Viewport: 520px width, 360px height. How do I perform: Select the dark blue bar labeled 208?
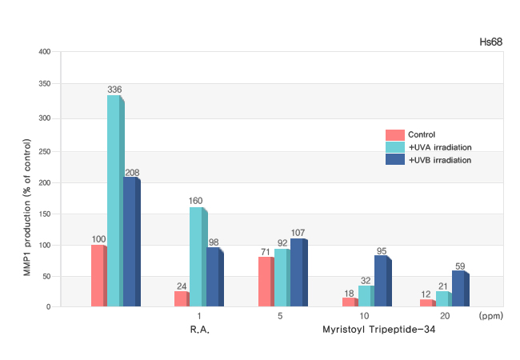130,241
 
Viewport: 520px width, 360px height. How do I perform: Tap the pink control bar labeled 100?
98,275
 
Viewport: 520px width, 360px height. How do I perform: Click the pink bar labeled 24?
180,298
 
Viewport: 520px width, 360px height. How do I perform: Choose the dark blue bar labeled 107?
298,272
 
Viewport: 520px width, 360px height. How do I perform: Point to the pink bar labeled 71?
264,282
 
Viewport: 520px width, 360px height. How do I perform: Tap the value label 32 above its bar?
366,281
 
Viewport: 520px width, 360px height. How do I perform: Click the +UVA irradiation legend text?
439,147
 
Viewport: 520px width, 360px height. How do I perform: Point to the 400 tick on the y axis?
45,52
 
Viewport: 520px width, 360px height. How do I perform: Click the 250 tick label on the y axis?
45,150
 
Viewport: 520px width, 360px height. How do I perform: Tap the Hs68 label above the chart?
490,41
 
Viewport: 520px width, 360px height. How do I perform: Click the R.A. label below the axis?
200,329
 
